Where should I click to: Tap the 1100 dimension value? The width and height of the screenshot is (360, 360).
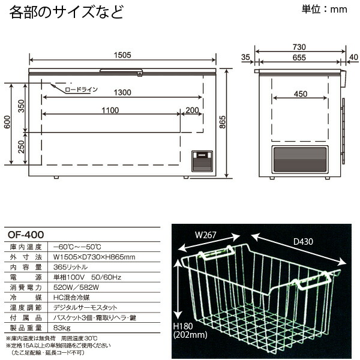[x=110, y=110]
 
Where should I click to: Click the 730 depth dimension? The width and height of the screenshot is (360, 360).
[x=299, y=47]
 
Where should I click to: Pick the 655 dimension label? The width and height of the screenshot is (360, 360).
[x=299, y=58]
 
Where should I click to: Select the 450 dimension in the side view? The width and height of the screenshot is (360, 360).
[x=300, y=94]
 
